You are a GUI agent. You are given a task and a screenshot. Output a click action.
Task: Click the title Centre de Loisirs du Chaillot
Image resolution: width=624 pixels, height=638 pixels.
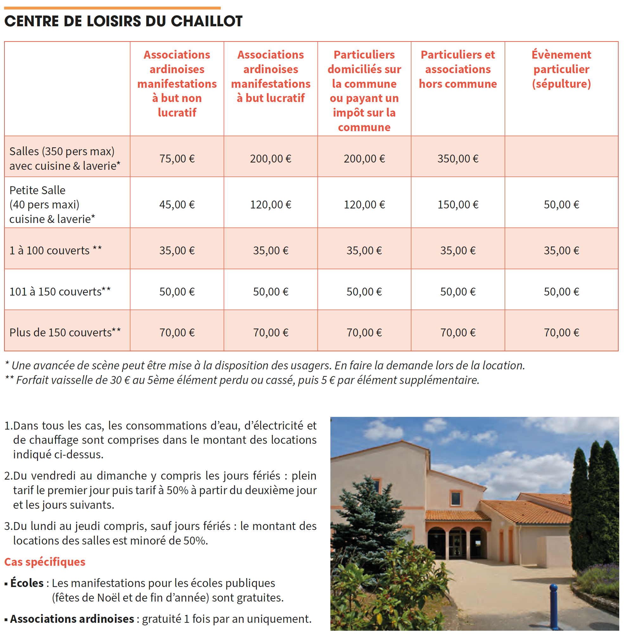pyautogui.click(x=123, y=21)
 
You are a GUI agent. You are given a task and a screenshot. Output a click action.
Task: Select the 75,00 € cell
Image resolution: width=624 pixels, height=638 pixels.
pyautogui.click(x=177, y=159)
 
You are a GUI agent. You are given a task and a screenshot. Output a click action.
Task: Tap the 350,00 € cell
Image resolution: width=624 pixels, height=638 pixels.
pyautogui.click(x=458, y=159)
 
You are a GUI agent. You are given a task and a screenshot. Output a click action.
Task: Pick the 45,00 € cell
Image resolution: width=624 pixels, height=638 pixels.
pyautogui.click(x=177, y=204)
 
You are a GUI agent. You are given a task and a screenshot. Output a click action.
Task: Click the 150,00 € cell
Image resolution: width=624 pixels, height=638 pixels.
pyautogui.click(x=458, y=204)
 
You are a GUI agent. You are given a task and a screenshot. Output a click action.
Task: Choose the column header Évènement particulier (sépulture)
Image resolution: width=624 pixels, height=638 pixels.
pyautogui.click(x=561, y=69)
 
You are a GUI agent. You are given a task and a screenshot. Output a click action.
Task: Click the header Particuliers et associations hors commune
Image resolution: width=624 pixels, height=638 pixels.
pyautogui.click(x=458, y=69)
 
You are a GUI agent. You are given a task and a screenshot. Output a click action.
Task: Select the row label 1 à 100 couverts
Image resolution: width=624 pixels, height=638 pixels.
pyautogui.click(x=55, y=250)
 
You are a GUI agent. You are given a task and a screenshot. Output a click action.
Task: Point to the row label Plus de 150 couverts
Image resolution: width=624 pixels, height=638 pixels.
pyautogui.click(x=65, y=332)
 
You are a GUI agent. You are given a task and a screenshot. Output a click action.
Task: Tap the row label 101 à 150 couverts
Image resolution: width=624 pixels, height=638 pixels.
pyautogui.click(x=60, y=291)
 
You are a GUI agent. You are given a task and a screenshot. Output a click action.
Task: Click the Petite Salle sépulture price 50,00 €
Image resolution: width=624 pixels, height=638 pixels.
pyautogui.click(x=561, y=204)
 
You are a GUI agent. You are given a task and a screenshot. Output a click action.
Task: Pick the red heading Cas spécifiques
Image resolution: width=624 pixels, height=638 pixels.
pyautogui.click(x=45, y=562)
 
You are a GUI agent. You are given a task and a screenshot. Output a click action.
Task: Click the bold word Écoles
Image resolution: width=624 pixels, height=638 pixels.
pyautogui.click(x=27, y=583)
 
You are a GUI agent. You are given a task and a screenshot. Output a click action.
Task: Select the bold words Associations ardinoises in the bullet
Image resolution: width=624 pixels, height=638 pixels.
pyautogui.click(x=72, y=619)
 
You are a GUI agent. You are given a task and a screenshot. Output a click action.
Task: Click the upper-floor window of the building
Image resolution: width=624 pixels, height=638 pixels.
pyautogui.click(x=455, y=498)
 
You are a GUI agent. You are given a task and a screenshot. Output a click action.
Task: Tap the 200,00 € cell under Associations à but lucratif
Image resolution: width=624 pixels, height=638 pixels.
pyautogui.click(x=271, y=159)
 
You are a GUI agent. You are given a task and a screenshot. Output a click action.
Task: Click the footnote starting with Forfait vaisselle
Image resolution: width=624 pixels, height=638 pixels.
pyautogui.click(x=243, y=380)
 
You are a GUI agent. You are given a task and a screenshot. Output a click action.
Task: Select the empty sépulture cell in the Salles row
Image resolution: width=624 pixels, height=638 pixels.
pyautogui.click(x=561, y=156)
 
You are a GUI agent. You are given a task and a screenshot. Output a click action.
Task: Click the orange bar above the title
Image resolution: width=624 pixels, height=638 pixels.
pyautogui.click(x=112, y=8)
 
